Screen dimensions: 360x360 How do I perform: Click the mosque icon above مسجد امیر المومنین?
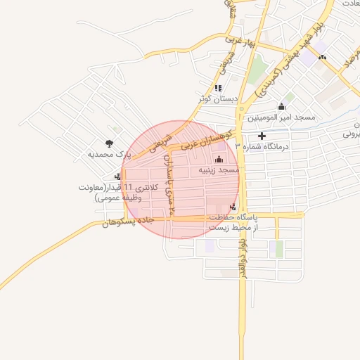point(282,107)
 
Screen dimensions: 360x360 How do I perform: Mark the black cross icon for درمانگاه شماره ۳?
point(263,136)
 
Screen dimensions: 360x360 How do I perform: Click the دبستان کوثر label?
point(219,99)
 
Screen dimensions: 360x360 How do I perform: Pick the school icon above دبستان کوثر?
point(219,89)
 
